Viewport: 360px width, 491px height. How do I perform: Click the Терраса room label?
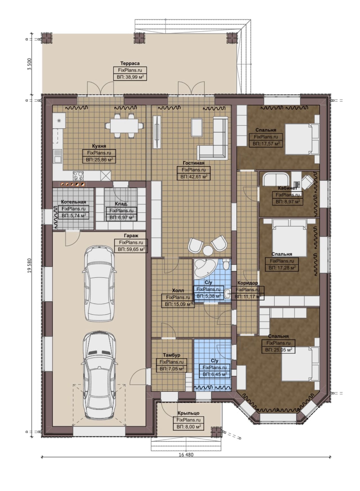coord(130,63)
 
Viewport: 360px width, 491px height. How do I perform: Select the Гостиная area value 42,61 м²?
coord(194,177)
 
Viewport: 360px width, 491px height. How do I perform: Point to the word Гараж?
coord(131,236)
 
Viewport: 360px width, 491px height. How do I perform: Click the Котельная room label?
coord(73,202)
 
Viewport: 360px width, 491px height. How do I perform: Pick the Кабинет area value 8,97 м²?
coord(288,202)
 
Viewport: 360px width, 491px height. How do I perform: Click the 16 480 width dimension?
coord(186,454)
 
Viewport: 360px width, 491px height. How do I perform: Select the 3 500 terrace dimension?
coord(30,64)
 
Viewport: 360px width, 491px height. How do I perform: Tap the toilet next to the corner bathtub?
coord(226,264)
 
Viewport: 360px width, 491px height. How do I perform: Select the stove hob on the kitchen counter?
coord(78,176)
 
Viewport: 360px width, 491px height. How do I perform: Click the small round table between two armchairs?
coord(208,250)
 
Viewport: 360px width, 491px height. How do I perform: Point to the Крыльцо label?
coord(188,413)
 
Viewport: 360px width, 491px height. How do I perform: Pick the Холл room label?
coord(178,290)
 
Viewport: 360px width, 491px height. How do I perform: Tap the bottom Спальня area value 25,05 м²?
coord(278,350)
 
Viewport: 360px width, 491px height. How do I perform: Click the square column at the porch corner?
coord(217,432)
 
